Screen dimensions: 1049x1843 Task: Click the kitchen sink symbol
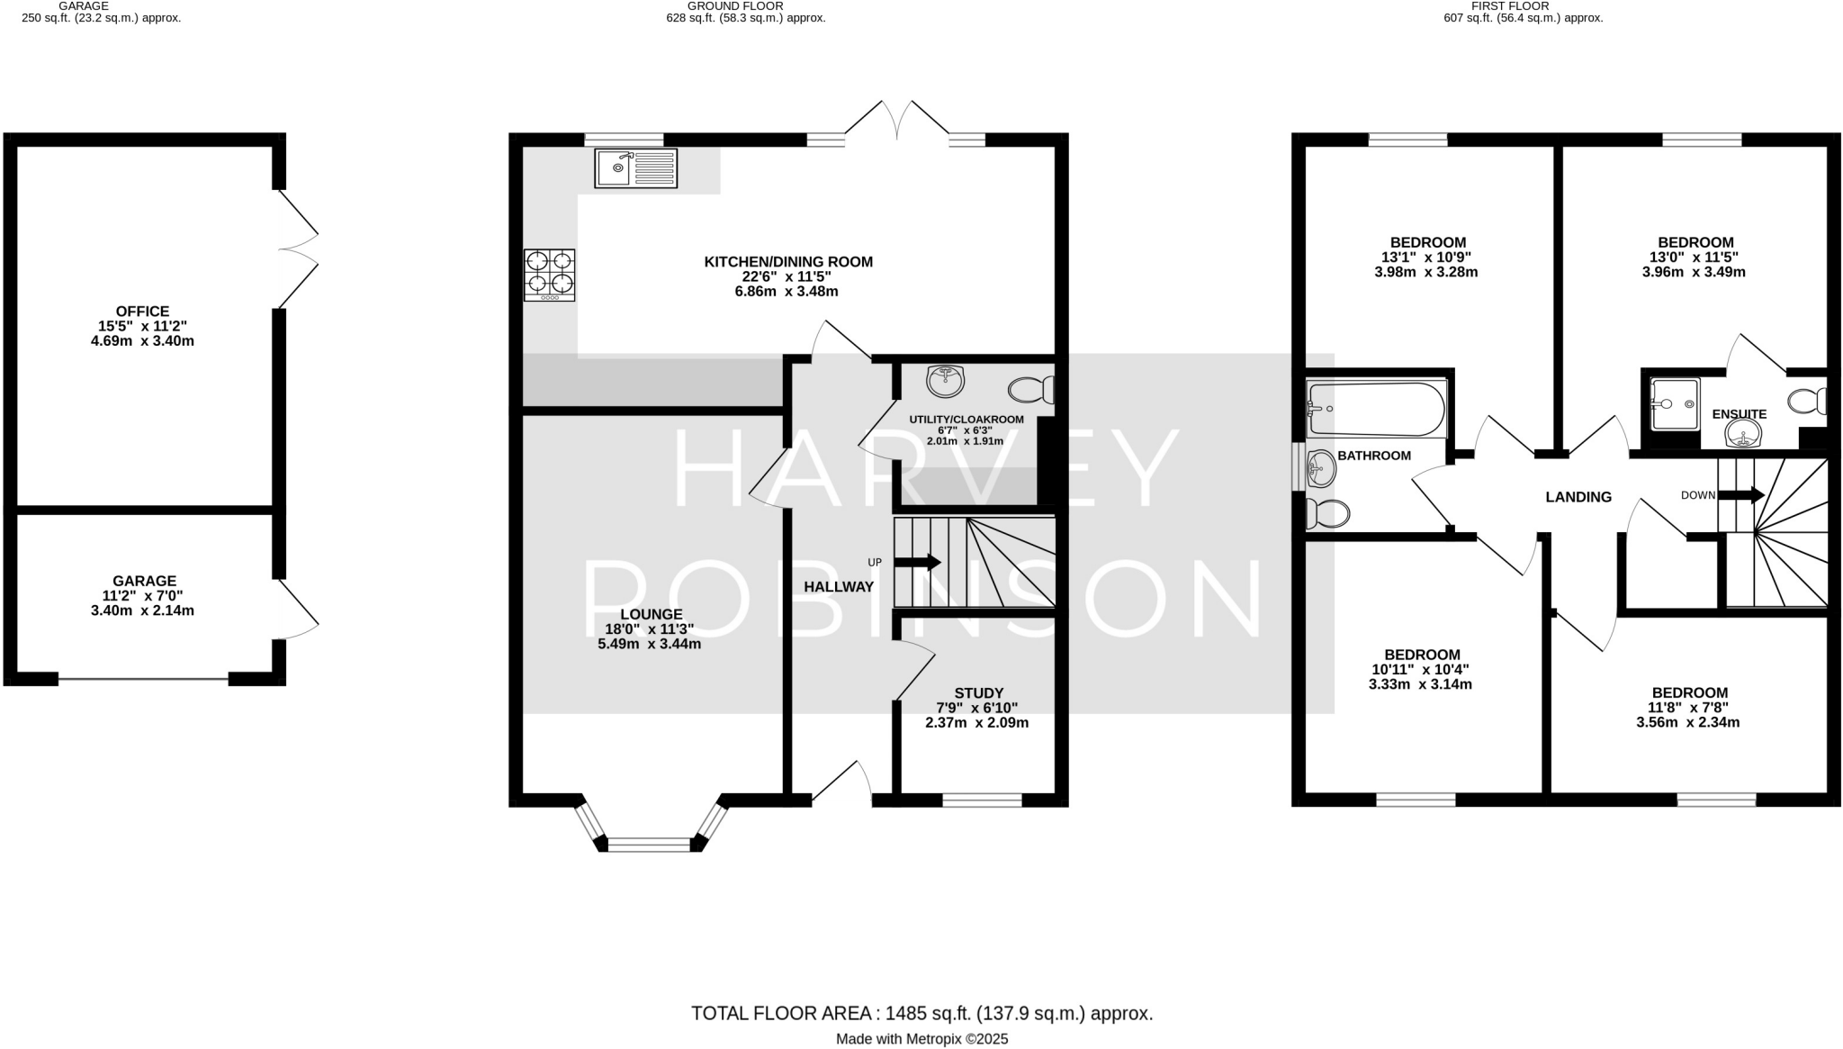coord(635,168)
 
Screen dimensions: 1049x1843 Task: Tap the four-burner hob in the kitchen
coord(549,274)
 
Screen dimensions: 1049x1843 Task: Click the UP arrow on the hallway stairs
coord(917,562)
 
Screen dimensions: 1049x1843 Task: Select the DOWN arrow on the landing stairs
coord(1740,494)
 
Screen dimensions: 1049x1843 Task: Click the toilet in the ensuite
coord(1808,400)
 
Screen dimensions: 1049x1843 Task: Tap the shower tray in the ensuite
coord(1674,403)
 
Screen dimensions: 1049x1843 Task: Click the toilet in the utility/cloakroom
coord(1030,390)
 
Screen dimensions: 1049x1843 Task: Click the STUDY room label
coord(978,692)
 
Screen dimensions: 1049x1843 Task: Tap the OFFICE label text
coord(142,312)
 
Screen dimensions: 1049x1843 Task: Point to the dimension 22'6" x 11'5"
coord(787,276)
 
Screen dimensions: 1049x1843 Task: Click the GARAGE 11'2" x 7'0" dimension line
coord(144,595)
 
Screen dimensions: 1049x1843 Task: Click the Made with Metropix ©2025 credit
coord(921,1039)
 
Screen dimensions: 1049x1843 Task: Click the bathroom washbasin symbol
coord(1321,466)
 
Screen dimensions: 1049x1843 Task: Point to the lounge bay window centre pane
coord(649,845)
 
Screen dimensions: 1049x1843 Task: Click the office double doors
coord(298,249)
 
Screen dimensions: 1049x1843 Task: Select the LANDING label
coord(1578,497)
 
